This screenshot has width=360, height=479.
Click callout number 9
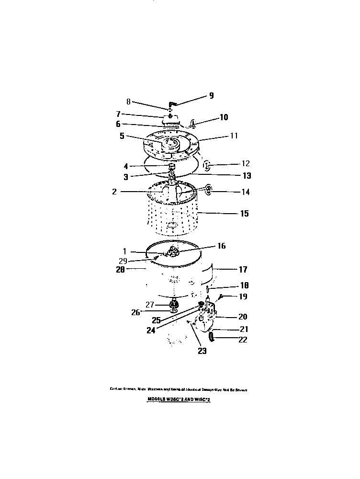[x=211, y=95]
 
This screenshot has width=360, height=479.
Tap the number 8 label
[x=128, y=102]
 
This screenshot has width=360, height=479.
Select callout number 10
[x=224, y=117]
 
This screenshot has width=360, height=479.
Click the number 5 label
[x=122, y=136]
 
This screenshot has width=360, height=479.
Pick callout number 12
[x=245, y=163]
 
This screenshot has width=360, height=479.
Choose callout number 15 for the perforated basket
[x=244, y=214]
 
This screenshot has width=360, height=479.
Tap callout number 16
[x=221, y=246]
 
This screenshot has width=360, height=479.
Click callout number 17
[x=243, y=269]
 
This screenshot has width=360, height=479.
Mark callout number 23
[x=202, y=351]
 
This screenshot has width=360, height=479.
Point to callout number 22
[x=244, y=340]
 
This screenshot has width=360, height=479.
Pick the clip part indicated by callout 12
[x=207, y=166]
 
